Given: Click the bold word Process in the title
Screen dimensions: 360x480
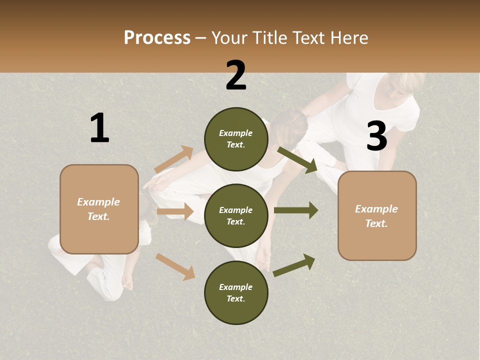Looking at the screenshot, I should [x=157, y=38].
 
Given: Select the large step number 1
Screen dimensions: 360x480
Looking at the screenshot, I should [x=99, y=128].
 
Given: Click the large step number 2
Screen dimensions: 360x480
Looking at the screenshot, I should [x=236, y=75].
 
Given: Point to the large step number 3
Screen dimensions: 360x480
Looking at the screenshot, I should [x=377, y=136].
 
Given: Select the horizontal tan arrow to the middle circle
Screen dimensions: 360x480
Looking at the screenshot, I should [x=175, y=211].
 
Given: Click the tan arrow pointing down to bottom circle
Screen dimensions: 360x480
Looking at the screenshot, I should [x=175, y=266].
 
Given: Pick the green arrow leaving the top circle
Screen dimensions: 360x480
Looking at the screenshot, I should [x=297, y=160].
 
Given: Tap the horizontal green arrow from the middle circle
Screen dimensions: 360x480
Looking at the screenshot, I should [x=295, y=210].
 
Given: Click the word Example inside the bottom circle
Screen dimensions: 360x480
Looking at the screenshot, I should [x=235, y=287].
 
